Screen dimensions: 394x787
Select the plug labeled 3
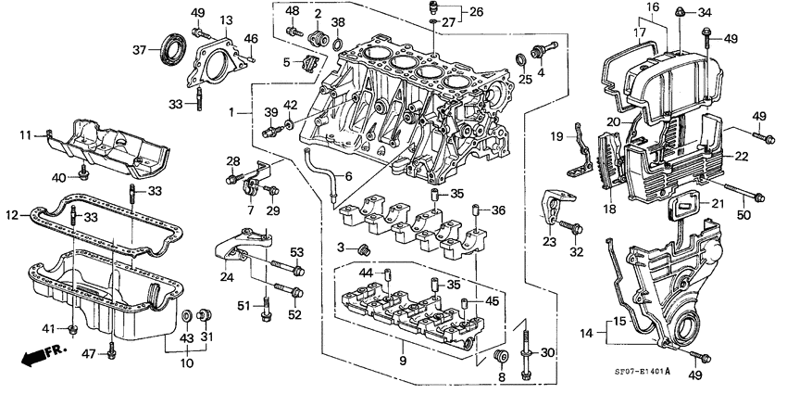363,248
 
